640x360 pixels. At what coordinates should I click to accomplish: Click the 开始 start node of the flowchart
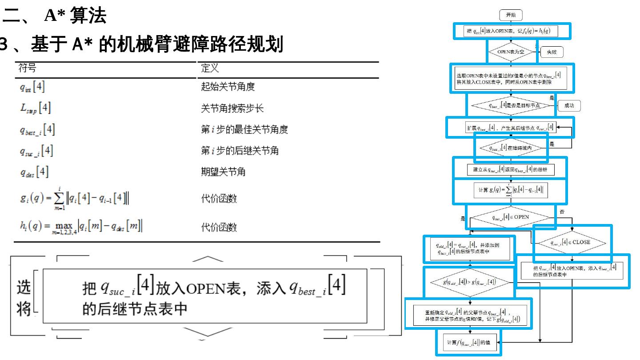click(511, 15)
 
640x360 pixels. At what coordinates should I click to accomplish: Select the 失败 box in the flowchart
click(551, 52)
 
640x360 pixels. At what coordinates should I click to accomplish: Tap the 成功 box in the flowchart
click(569, 105)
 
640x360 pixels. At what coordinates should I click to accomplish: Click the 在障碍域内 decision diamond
click(511, 148)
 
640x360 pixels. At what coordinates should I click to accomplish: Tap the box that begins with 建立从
click(511, 169)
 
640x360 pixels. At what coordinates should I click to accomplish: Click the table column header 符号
click(28, 68)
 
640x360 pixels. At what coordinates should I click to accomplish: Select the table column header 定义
click(210, 68)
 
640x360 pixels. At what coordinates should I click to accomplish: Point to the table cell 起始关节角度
click(228, 87)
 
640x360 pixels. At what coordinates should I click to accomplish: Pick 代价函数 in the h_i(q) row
click(219, 228)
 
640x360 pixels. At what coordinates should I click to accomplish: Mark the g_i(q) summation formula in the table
click(74, 199)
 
